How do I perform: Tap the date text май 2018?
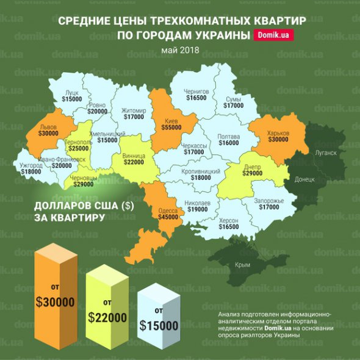(x=180, y=50)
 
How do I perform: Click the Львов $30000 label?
(x=48, y=129)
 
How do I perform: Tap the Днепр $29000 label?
(x=251, y=170)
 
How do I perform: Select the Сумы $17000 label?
(x=233, y=102)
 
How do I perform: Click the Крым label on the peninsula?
(x=242, y=265)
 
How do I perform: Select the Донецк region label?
(x=304, y=179)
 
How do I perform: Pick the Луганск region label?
(x=325, y=153)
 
